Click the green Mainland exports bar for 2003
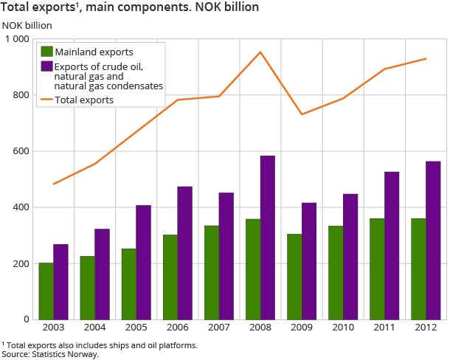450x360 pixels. pyautogui.click(x=46, y=291)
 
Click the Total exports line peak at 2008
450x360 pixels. pyautogui.click(x=260, y=52)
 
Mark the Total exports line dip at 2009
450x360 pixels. pyautogui.click(x=302, y=114)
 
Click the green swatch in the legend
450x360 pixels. pyautogui.click(x=46, y=52)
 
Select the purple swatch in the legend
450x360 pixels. pyautogui.click(x=46, y=67)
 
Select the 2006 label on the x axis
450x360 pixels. pyautogui.click(x=177, y=328)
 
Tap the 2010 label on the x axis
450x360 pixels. pyautogui.click(x=342, y=328)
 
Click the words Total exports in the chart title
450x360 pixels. pyautogui.click(x=35, y=7)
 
